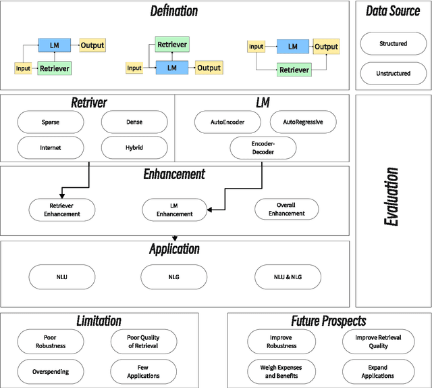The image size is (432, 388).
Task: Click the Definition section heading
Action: tap(175, 11)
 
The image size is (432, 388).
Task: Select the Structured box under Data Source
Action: tap(393, 44)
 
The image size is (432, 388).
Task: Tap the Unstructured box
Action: tap(393, 73)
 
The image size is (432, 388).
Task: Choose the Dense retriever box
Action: tap(134, 122)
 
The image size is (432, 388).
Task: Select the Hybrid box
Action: tap(134, 147)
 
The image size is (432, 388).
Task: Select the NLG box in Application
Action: tap(174, 276)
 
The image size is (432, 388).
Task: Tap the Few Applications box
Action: tap(143, 372)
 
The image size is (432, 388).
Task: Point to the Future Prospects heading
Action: tap(328, 321)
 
